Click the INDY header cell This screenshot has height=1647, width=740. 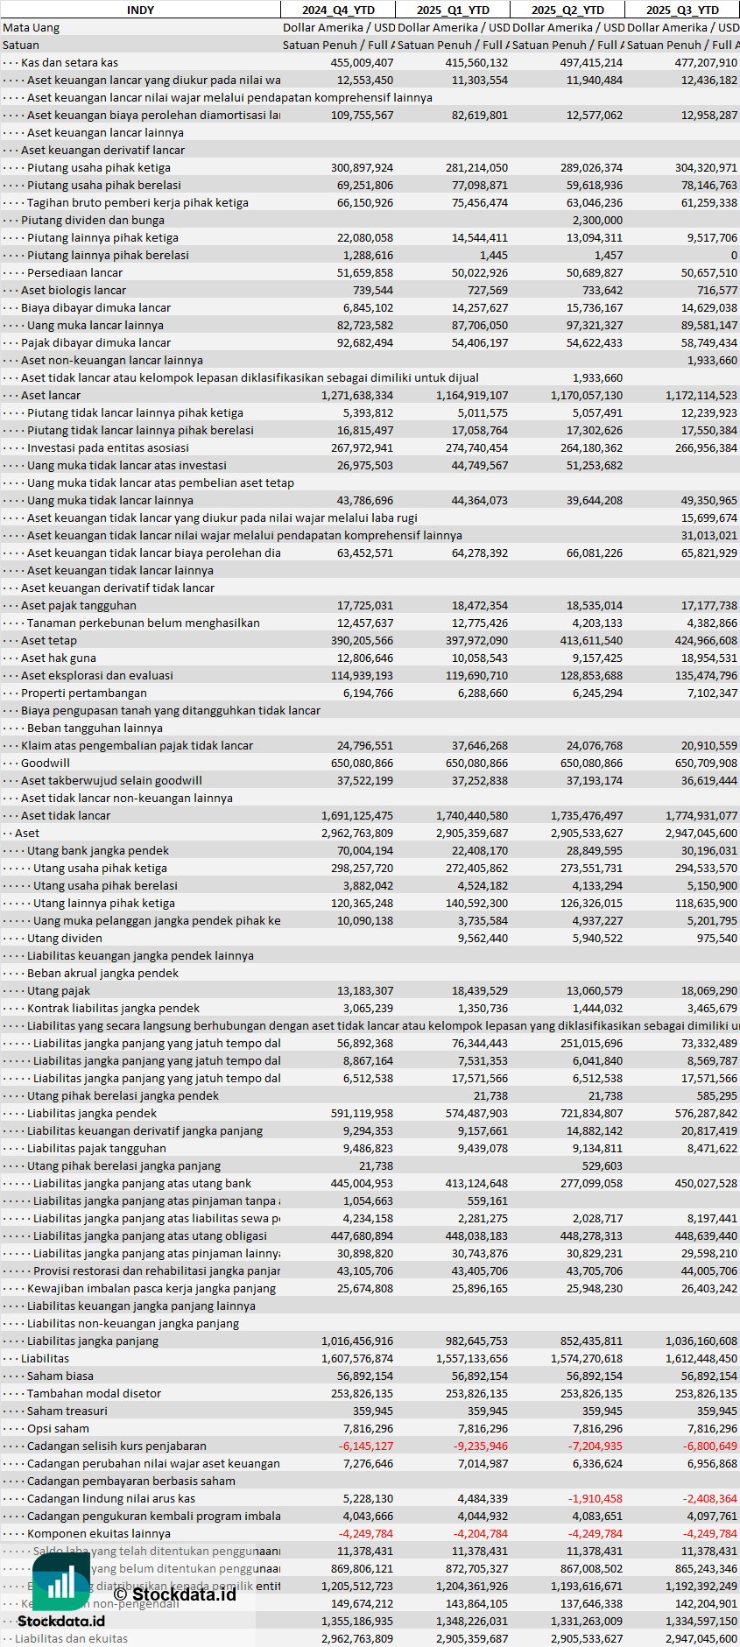(140, 10)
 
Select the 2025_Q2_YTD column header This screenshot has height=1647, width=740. (567, 10)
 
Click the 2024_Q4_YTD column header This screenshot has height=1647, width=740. (338, 10)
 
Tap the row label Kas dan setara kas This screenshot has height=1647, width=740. (69, 62)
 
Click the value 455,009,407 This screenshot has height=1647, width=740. (362, 62)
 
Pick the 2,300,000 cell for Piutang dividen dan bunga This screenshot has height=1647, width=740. (597, 220)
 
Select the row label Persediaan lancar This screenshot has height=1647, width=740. (74, 272)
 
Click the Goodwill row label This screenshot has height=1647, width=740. (46, 763)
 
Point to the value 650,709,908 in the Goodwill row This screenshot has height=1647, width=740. (706, 763)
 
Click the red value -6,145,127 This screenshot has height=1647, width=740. (366, 1446)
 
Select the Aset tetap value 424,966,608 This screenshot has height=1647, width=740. (706, 640)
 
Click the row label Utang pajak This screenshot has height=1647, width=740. (59, 990)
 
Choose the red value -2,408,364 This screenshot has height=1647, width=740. (710, 1498)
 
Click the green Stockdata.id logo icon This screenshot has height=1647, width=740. (60, 1581)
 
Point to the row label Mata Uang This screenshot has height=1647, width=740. (32, 27)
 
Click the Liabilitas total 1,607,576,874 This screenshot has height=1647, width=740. (357, 1358)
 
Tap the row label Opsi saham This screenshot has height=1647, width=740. (58, 1428)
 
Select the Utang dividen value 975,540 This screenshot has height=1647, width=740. (716, 938)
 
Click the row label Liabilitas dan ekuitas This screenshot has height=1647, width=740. (71, 1638)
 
